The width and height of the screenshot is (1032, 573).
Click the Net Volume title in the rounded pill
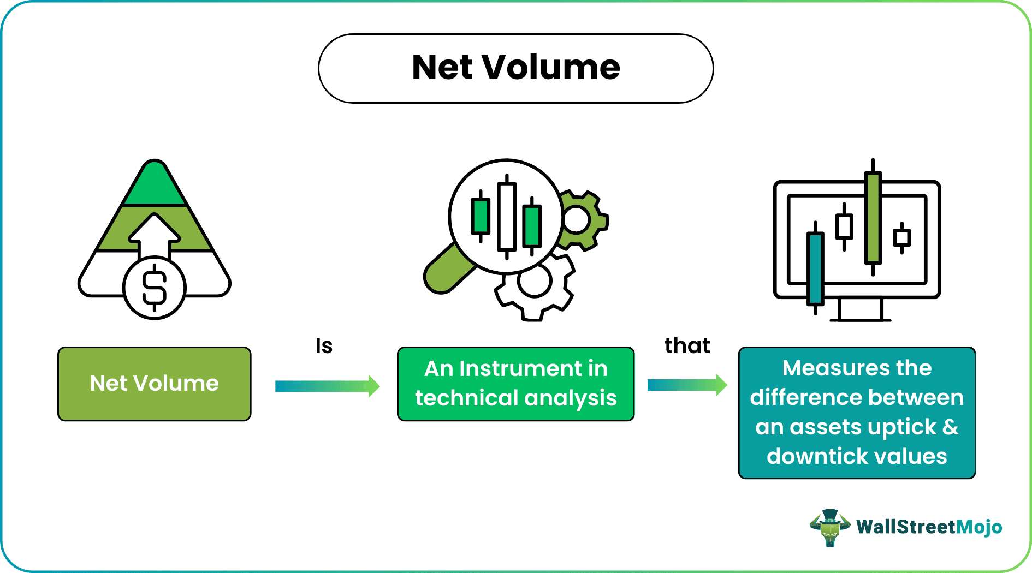(515, 68)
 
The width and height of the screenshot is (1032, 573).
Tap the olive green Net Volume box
(155, 384)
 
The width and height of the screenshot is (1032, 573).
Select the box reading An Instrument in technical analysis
(515, 384)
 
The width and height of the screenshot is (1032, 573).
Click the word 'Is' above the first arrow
(324, 346)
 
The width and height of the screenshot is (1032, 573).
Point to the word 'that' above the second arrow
(687, 346)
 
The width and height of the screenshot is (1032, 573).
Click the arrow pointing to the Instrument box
(327, 386)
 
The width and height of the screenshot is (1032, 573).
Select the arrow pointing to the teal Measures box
(687, 385)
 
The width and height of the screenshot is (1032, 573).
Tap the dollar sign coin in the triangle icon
(155, 288)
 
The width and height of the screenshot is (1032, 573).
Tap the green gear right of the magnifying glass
(582, 220)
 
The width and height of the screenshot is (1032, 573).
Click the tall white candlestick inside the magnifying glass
(507, 217)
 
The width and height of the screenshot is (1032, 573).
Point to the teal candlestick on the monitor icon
(815, 267)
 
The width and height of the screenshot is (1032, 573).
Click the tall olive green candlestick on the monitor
(873, 218)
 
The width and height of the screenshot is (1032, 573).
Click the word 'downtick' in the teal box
(812, 456)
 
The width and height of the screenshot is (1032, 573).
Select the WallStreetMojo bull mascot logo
(829, 527)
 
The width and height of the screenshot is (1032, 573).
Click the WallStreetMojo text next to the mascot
(929, 527)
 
